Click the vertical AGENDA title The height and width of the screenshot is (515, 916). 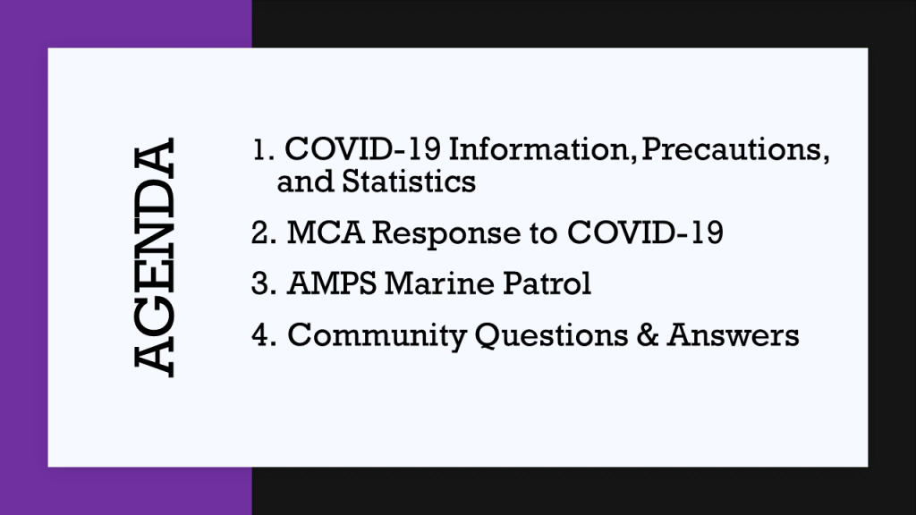(x=154, y=257)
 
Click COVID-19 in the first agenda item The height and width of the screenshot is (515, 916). (x=363, y=149)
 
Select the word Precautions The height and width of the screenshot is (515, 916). (x=735, y=149)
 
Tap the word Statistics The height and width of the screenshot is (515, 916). (x=408, y=181)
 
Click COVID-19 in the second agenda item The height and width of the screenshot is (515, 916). (x=645, y=232)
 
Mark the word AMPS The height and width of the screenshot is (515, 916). (x=332, y=283)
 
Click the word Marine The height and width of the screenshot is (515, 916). (x=440, y=283)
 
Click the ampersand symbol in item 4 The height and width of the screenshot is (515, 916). (x=648, y=335)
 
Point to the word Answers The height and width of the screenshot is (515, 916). (x=733, y=335)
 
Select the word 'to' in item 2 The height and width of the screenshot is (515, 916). (x=544, y=234)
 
